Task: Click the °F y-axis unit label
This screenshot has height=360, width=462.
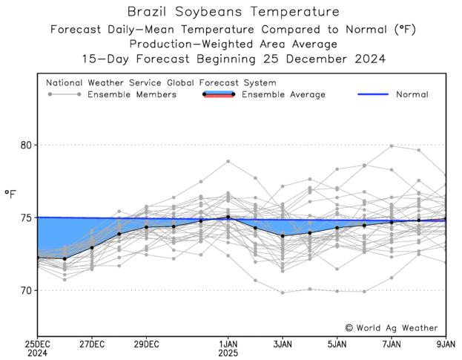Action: (10, 194)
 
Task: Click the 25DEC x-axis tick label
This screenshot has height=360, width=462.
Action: (37, 344)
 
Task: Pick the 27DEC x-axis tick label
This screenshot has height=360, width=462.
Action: (92, 344)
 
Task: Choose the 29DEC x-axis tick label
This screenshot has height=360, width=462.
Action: (146, 344)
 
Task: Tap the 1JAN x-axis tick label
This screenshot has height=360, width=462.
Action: (228, 344)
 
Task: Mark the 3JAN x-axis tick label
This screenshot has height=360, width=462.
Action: (283, 344)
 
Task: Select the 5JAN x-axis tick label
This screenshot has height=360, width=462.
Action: (337, 344)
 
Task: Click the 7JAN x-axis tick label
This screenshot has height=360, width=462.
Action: (392, 344)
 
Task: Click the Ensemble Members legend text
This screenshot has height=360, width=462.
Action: (131, 94)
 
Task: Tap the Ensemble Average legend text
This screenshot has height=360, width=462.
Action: (284, 94)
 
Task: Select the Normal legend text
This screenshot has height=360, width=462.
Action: (412, 94)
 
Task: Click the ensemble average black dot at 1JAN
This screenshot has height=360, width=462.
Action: (228, 217)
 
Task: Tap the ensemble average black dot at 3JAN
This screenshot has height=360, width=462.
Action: (283, 235)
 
